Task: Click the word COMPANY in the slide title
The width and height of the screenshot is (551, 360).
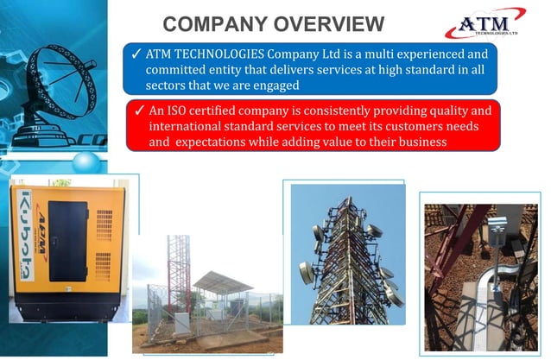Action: pyautogui.click(x=212, y=22)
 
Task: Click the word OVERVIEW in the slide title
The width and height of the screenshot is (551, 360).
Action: pyautogui.click(x=324, y=22)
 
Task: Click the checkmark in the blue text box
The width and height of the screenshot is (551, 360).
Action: pyautogui.click(x=136, y=54)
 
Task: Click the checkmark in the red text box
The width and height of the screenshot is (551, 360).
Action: pyautogui.click(x=138, y=111)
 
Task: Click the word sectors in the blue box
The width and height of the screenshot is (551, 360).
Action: pyautogui.click(x=169, y=85)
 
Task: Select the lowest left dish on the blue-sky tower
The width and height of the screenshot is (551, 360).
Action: pyautogui.click(x=307, y=274)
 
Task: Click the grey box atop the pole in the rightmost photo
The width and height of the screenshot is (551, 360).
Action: pyautogui.click(x=496, y=226)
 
